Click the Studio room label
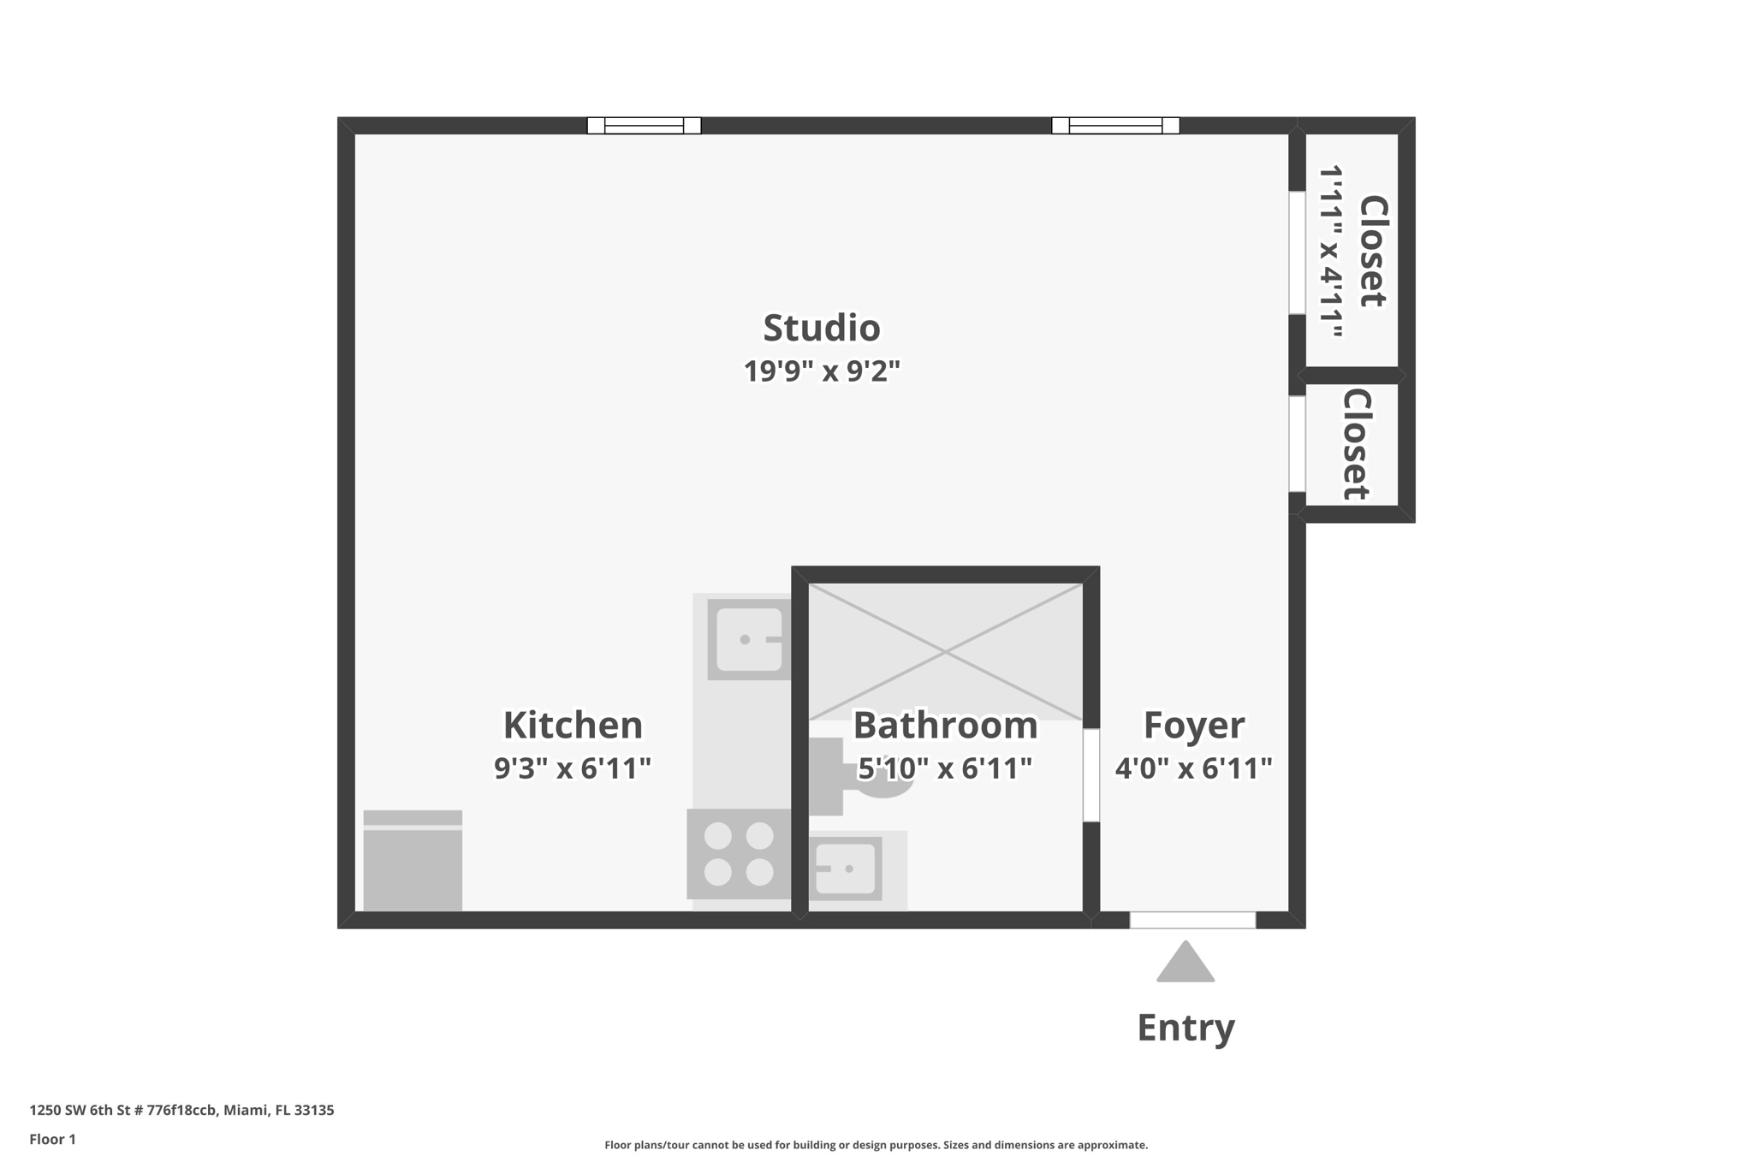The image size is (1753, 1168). point(821,328)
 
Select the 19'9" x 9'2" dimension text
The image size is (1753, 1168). point(821,371)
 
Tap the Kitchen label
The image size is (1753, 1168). point(572,725)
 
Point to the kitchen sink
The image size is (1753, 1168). point(748,639)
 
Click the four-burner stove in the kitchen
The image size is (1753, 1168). point(739,853)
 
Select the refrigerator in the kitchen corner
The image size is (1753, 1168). point(413,860)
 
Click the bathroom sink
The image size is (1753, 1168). point(846,869)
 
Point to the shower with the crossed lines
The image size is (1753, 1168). point(945,652)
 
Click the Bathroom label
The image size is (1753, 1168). point(945,725)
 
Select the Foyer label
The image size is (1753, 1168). point(1193,725)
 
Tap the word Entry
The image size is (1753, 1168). point(1185,1027)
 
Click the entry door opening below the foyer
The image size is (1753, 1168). point(1191,920)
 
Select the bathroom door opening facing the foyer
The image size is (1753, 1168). point(1090,775)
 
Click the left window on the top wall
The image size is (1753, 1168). point(644,126)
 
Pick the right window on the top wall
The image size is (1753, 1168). point(1114,126)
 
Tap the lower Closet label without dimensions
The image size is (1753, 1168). point(1356,444)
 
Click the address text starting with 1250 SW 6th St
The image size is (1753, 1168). point(181,1110)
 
